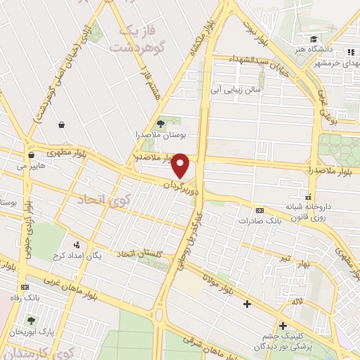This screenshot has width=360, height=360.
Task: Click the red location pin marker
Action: pyautogui.click(x=181, y=166)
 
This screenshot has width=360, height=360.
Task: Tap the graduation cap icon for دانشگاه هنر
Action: pyautogui.click(x=313, y=39)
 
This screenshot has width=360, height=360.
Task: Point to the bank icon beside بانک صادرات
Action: pyautogui.click(x=259, y=210)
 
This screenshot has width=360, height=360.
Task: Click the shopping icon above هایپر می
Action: pyautogui.click(x=30, y=155)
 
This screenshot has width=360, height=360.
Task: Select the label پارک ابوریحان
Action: pyautogui.click(x=37, y=330)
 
